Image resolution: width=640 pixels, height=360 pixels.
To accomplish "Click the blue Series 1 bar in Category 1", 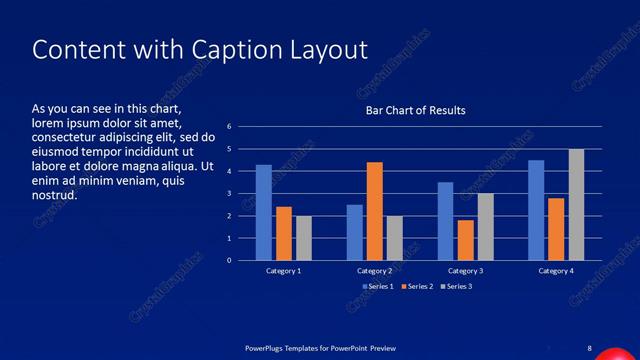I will (x=263, y=212).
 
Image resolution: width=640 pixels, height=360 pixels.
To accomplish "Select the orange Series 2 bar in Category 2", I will (x=374, y=211).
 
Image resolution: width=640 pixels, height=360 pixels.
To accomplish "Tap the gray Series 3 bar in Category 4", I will (x=576, y=204).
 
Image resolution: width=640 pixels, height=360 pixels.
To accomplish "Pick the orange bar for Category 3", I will (x=465, y=240).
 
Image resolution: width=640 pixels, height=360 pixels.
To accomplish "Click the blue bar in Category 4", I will (x=536, y=210).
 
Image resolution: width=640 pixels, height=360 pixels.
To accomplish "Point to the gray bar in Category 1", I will (x=303, y=238).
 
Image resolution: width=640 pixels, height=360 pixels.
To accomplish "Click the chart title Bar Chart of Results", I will (x=414, y=110).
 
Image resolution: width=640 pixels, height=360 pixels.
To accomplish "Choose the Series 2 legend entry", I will (x=419, y=286).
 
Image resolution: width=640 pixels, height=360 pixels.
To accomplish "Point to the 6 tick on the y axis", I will (x=230, y=127).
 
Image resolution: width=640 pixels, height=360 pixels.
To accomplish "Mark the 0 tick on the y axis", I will (x=230, y=260).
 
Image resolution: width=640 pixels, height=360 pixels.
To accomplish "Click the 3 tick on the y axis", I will (x=230, y=194).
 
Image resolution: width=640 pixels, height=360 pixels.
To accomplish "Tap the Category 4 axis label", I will (x=556, y=271).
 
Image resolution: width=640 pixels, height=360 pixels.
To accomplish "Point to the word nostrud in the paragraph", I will (x=55, y=194).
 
